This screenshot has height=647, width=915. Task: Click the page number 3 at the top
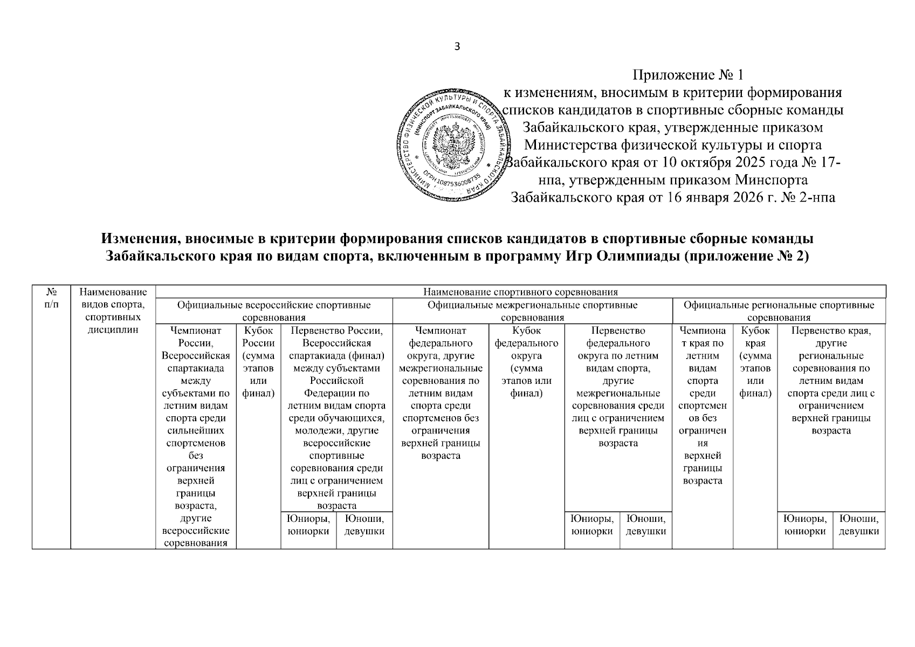tap(457, 47)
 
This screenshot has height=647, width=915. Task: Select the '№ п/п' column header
tap(52, 298)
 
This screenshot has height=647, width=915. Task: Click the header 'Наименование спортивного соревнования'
tap(520, 292)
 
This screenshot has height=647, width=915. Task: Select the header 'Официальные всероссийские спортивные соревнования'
tap(274, 311)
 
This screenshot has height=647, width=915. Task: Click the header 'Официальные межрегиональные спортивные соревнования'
tap(532, 311)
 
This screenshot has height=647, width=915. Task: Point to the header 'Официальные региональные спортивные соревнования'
tap(779, 311)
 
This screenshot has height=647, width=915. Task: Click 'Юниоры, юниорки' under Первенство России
tap(308, 525)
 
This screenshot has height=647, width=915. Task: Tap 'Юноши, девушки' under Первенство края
tap(859, 525)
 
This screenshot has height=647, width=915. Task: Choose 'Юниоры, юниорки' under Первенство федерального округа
tap(592, 525)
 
